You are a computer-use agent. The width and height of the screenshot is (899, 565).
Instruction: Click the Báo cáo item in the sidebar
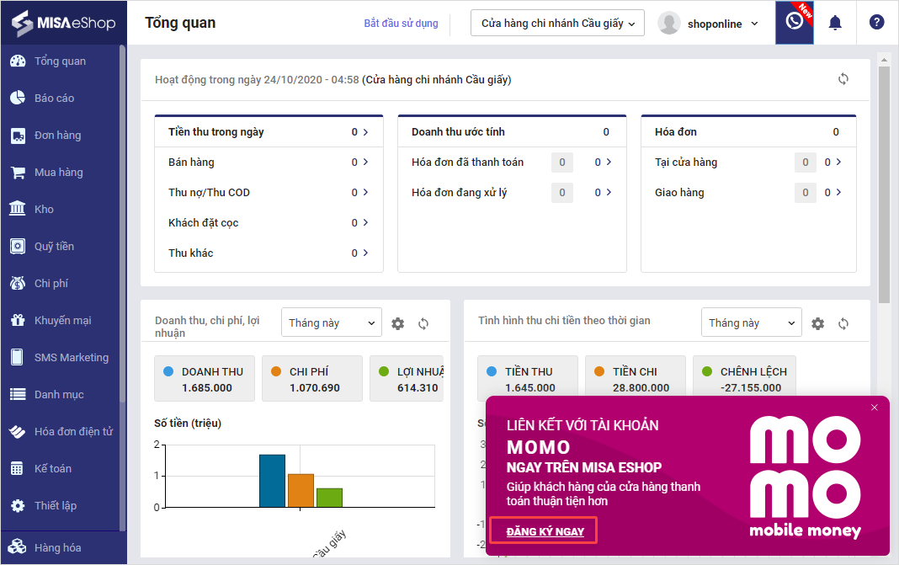point(54,99)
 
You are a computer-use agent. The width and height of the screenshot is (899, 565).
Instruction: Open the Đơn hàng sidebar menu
point(57,136)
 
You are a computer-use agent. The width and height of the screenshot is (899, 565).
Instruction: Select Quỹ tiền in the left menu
point(54,247)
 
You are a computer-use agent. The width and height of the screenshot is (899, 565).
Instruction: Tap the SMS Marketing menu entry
point(71,358)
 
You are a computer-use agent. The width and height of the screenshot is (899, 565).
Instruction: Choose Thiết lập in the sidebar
point(55,506)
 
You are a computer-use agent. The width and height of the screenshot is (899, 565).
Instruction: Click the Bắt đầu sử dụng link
point(401,24)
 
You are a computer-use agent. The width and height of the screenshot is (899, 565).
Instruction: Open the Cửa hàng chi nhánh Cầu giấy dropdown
point(557,24)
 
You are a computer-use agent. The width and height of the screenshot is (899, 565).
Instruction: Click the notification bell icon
point(835,23)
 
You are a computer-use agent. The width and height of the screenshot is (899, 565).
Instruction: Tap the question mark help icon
point(877,23)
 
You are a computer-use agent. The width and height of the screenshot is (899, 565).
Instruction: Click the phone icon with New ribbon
point(794,22)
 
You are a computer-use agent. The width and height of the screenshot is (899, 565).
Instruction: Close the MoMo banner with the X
point(875,408)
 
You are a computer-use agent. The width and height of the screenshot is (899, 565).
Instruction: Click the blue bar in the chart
point(272,480)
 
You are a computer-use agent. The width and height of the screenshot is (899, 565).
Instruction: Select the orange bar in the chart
point(301,490)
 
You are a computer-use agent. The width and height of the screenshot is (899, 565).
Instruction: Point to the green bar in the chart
point(329,497)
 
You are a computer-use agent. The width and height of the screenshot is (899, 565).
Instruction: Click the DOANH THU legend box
point(204,378)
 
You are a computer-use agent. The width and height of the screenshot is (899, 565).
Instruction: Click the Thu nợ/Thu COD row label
point(209,193)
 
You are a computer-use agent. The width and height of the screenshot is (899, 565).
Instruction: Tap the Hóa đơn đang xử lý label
point(459,193)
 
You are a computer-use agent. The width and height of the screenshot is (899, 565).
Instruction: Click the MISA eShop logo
point(63,23)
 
